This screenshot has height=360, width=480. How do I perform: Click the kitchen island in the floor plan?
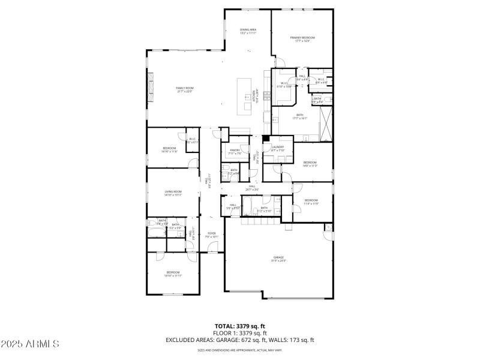coord(244,95)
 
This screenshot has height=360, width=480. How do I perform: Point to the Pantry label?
coord(235,152)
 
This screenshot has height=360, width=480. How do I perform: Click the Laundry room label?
coord(277,148)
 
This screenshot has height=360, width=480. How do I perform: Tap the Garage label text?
coord(279,259)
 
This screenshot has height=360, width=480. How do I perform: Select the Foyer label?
coord(212,235)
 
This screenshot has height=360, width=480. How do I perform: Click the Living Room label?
coord(173,193)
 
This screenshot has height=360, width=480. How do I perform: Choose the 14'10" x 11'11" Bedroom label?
coord(173,274)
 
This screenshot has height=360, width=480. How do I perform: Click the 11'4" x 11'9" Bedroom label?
coord(311,202)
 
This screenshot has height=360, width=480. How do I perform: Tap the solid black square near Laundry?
coord(266,138)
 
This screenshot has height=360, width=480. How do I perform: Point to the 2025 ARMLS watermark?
coord(30,344)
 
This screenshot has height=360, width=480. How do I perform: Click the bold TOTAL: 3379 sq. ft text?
coord(239,326)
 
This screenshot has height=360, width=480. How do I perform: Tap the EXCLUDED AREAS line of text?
coord(239,340)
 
